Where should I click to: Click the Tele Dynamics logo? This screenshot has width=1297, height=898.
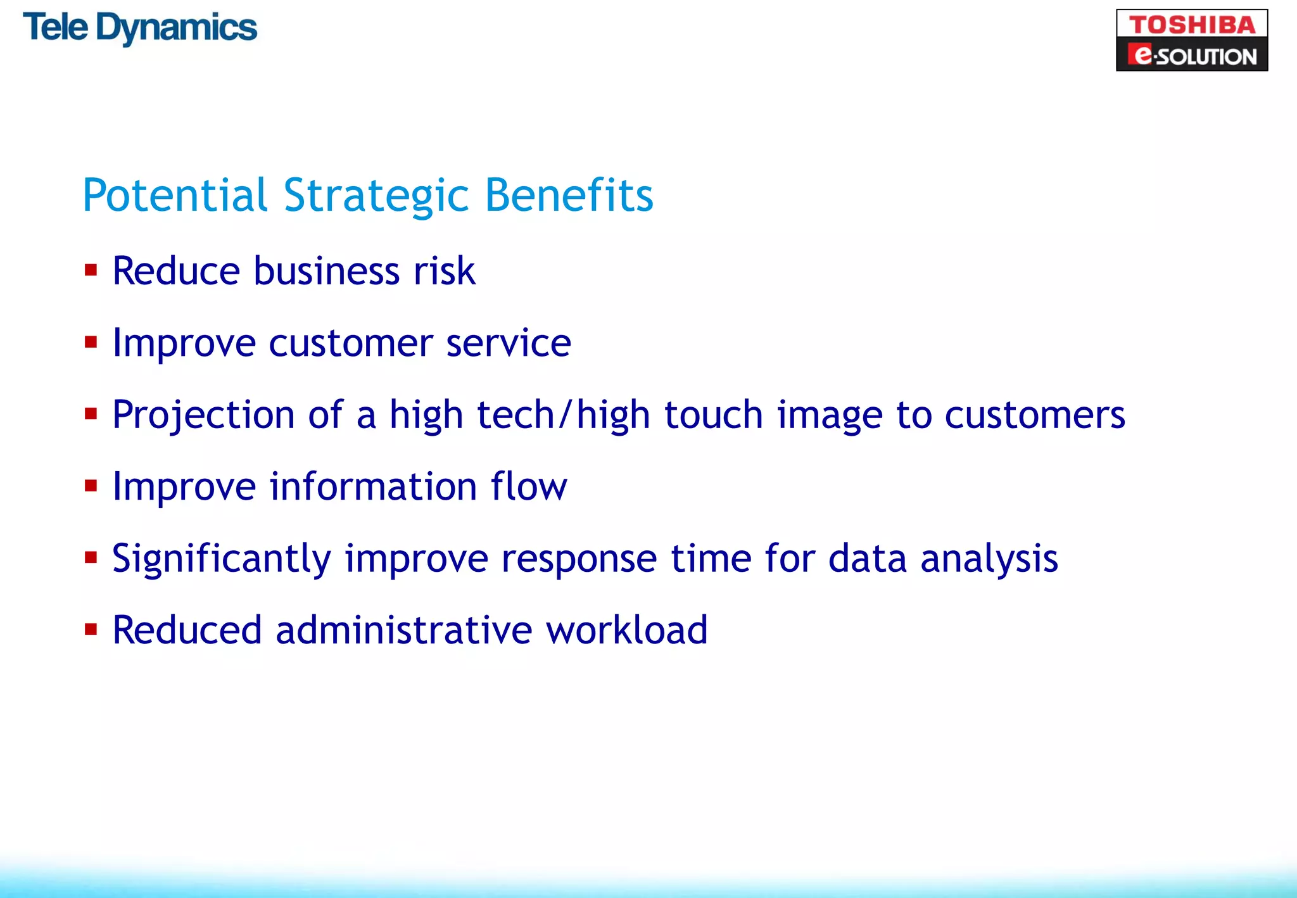click(140, 28)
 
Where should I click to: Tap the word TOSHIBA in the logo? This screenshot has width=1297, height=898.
click(1192, 25)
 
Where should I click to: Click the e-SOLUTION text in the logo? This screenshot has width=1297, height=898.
click(1192, 56)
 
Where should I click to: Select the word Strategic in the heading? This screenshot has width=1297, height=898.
click(376, 196)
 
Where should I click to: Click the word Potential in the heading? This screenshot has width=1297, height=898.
click(175, 195)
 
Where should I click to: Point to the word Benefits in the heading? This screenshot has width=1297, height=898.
click(569, 195)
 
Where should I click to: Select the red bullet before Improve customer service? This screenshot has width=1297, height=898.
click(91, 343)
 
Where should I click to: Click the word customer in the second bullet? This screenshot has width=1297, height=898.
click(351, 344)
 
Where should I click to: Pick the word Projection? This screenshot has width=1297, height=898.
click(203, 415)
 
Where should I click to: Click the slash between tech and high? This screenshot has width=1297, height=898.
click(565, 415)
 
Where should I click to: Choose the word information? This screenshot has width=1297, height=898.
click(373, 486)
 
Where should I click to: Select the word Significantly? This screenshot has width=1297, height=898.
click(222, 559)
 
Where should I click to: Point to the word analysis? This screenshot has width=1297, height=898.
click(989, 559)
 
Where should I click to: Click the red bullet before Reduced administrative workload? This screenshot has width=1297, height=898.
click(91, 629)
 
